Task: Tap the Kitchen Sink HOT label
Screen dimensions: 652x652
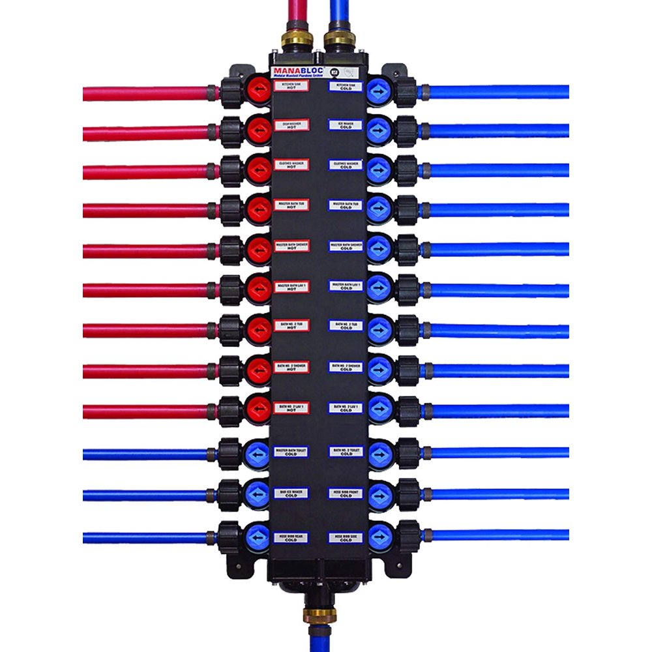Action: (291, 87)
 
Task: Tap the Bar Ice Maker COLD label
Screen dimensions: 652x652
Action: (291, 493)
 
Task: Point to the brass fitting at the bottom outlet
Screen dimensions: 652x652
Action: (318, 614)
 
